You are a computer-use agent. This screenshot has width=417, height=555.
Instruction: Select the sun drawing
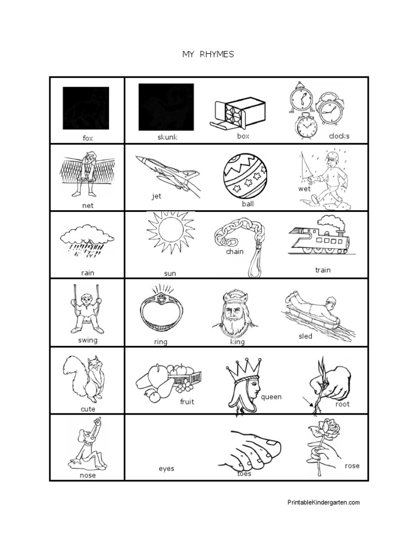tap(170, 233)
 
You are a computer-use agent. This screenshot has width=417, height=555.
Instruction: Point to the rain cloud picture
tap(87, 240)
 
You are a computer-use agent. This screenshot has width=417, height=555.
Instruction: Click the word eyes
tap(166, 468)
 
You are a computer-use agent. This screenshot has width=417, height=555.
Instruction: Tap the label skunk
tap(167, 137)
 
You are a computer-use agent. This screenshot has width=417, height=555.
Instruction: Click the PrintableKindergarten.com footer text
tap(323, 502)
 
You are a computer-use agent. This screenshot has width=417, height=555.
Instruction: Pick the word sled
tap(306, 336)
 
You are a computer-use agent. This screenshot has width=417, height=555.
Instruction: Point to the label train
tap(323, 270)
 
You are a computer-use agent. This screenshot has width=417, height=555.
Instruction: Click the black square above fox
tap(86, 108)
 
